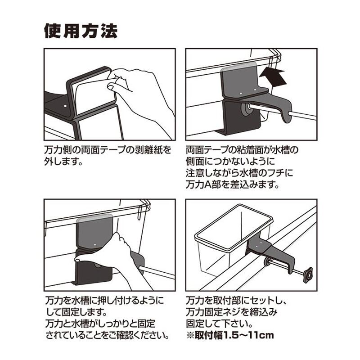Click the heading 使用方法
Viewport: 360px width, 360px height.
(x=81, y=31)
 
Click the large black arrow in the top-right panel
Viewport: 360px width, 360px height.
(x=273, y=77)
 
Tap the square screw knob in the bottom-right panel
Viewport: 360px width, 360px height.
(x=307, y=275)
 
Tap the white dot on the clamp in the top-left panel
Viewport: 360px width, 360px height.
(x=65, y=106)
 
